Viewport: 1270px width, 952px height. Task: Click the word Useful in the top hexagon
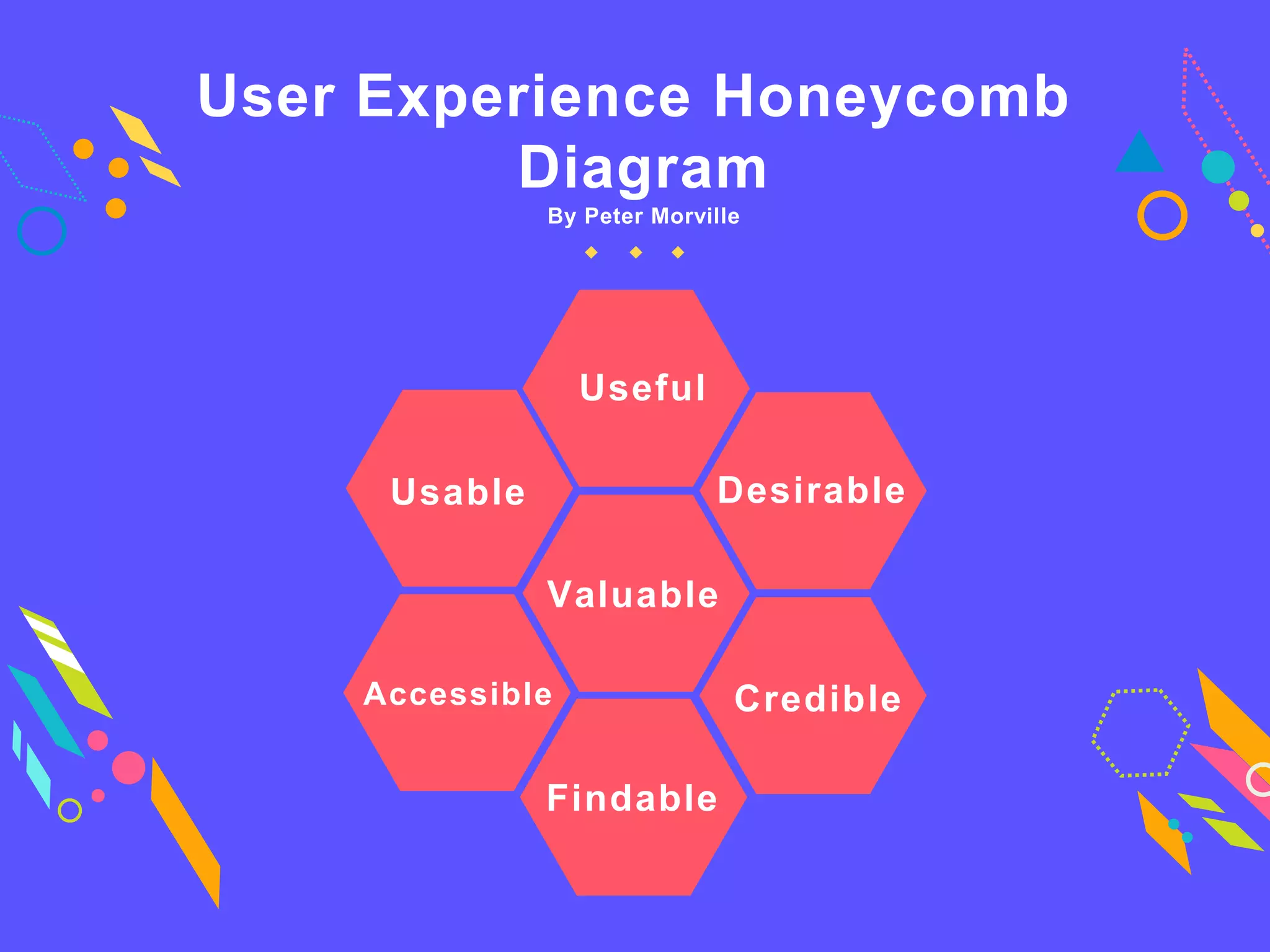point(642,388)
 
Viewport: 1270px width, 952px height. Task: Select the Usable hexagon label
point(458,492)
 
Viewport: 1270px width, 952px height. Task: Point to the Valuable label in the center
point(633,594)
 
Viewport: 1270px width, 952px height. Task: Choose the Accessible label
point(458,694)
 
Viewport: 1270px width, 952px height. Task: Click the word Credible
point(817,699)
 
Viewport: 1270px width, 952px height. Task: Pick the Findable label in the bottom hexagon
point(632,798)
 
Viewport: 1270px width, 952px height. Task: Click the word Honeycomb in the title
point(891,97)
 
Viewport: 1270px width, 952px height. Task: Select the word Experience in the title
point(524,97)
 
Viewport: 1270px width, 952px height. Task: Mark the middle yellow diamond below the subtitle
point(636,252)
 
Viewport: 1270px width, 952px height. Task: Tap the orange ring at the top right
point(1162,216)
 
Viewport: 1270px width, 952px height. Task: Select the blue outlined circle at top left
point(42,231)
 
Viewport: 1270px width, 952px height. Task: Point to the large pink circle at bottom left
point(128,767)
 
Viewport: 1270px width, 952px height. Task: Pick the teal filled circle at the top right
point(1218,167)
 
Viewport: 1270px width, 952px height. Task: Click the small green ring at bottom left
point(69,810)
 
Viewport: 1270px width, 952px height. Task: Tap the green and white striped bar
point(65,660)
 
